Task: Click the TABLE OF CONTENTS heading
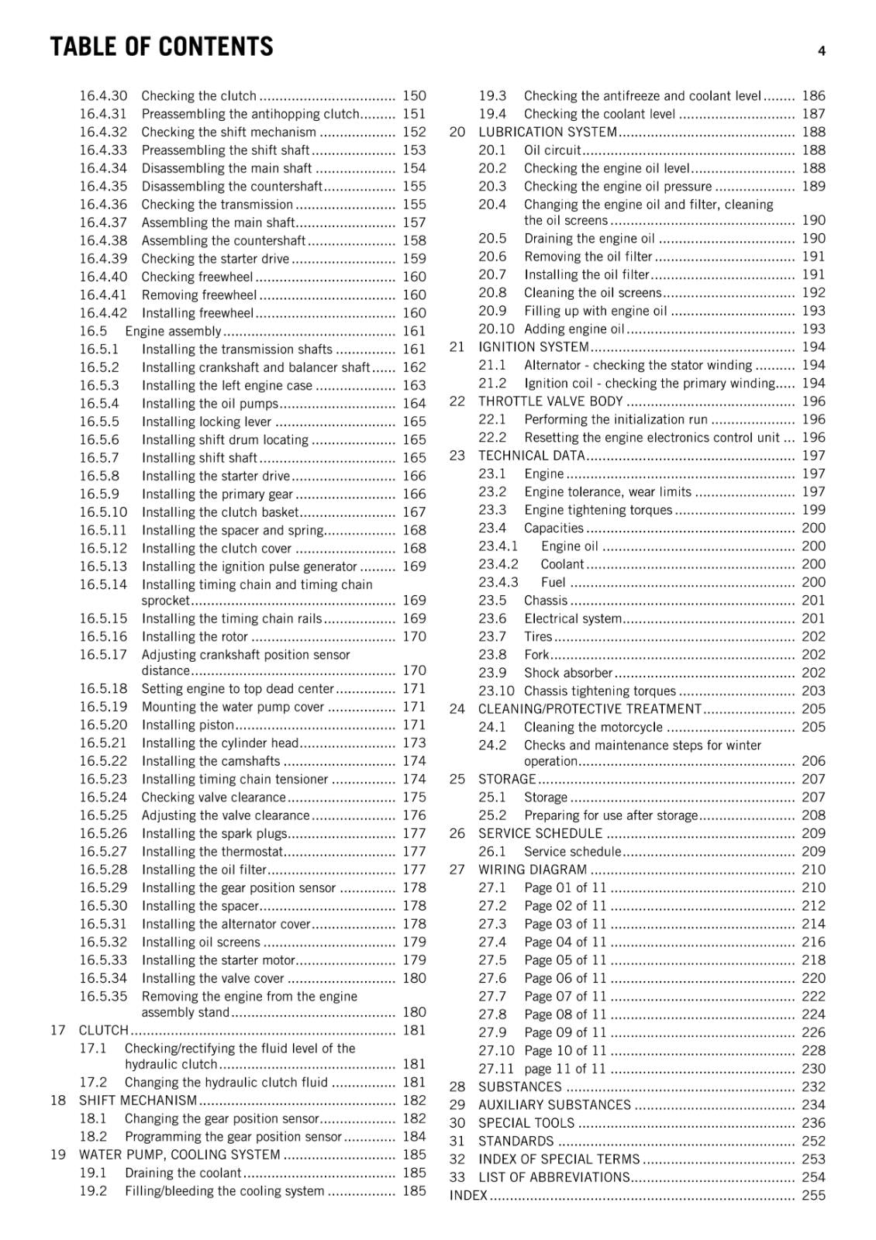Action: pos(161,47)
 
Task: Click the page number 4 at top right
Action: pos(821,51)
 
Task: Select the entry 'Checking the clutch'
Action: pos(198,96)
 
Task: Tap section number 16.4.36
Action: pos(103,205)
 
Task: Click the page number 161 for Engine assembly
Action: pos(414,332)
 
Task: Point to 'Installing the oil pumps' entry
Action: pos(209,404)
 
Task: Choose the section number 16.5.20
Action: pos(103,725)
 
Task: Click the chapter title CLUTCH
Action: pos(103,1030)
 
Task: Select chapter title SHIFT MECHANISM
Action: pos(138,1100)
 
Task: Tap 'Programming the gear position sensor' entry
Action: pos(233,1137)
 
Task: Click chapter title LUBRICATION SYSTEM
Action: pos(547,133)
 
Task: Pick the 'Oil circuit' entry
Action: pos(552,150)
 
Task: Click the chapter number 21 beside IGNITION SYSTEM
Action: pos(457,347)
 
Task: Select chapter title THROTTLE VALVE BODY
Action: pos(550,401)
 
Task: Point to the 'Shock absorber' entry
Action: pos(567,673)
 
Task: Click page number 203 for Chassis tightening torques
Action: pos(813,691)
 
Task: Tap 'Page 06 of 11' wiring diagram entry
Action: pos(565,978)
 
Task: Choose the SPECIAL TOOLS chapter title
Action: pos(526,1123)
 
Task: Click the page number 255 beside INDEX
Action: pos(813,1196)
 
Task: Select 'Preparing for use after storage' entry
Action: pos(610,815)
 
